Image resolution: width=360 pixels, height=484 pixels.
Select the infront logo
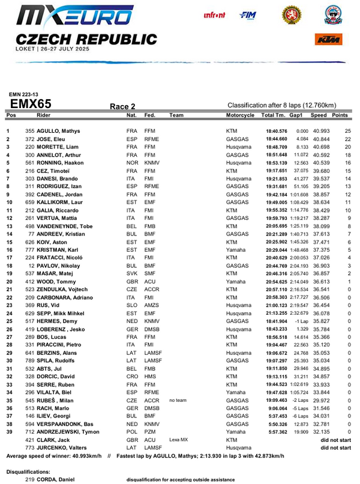point(214,15)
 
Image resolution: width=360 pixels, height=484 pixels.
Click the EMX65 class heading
point(31,104)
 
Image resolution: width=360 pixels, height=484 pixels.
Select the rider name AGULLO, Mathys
point(56,131)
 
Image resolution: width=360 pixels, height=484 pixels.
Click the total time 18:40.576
point(277,131)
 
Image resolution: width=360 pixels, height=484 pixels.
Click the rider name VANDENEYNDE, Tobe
point(67,226)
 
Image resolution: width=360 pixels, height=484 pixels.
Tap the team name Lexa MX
point(179,440)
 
